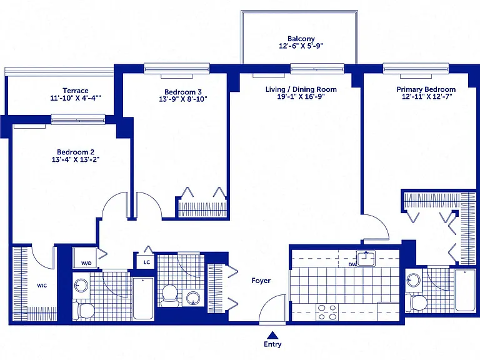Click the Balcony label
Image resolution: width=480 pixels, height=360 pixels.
click(x=301, y=39)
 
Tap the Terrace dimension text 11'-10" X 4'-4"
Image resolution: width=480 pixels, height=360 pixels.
click(x=76, y=98)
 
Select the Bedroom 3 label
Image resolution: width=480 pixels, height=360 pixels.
click(x=183, y=92)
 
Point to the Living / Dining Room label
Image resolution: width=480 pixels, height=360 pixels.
click(x=301, y=89)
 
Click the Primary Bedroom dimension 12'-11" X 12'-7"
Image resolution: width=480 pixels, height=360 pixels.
click(x=427, y=96)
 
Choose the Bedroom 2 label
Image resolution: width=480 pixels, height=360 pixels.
click(x=76, y=152)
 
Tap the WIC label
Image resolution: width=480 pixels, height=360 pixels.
click(x=42, y=286)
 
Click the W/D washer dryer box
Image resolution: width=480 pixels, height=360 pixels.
click(x=85, y=257)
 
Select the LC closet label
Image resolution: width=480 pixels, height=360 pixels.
click(x=147, y=262)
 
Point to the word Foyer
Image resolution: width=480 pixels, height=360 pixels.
click(x=261, y=281)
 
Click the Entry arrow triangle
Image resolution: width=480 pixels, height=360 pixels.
click(x=272, y=335)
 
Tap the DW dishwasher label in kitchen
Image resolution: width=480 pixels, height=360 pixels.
click(x=352, y=264)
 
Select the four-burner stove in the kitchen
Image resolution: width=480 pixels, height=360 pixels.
click(x=327, y=312)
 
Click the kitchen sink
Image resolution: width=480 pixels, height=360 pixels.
click(x=366, y=258)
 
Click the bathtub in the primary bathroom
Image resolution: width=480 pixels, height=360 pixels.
click(x=465, y=290)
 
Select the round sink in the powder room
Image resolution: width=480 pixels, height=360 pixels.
click(x=193, y=297)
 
